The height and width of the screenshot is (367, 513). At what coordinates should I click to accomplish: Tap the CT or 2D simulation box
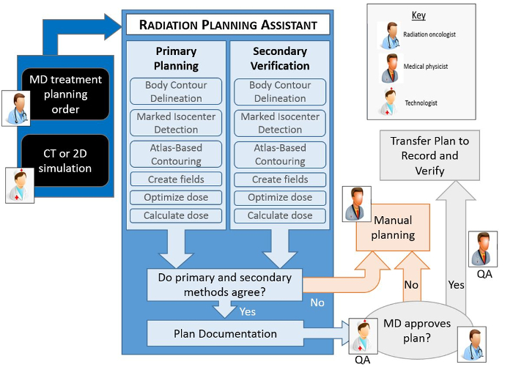pos(66,160)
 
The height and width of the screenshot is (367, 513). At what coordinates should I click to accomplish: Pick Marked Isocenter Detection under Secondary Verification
pos(280,123)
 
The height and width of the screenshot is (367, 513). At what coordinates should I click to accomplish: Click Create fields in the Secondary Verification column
pos(280,179)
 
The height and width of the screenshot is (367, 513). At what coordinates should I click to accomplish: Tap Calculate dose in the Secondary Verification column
pos(280,215)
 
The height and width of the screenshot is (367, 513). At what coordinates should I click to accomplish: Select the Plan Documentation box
pos(225,333)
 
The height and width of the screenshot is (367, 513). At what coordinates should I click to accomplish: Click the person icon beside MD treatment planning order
pos(15,108)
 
